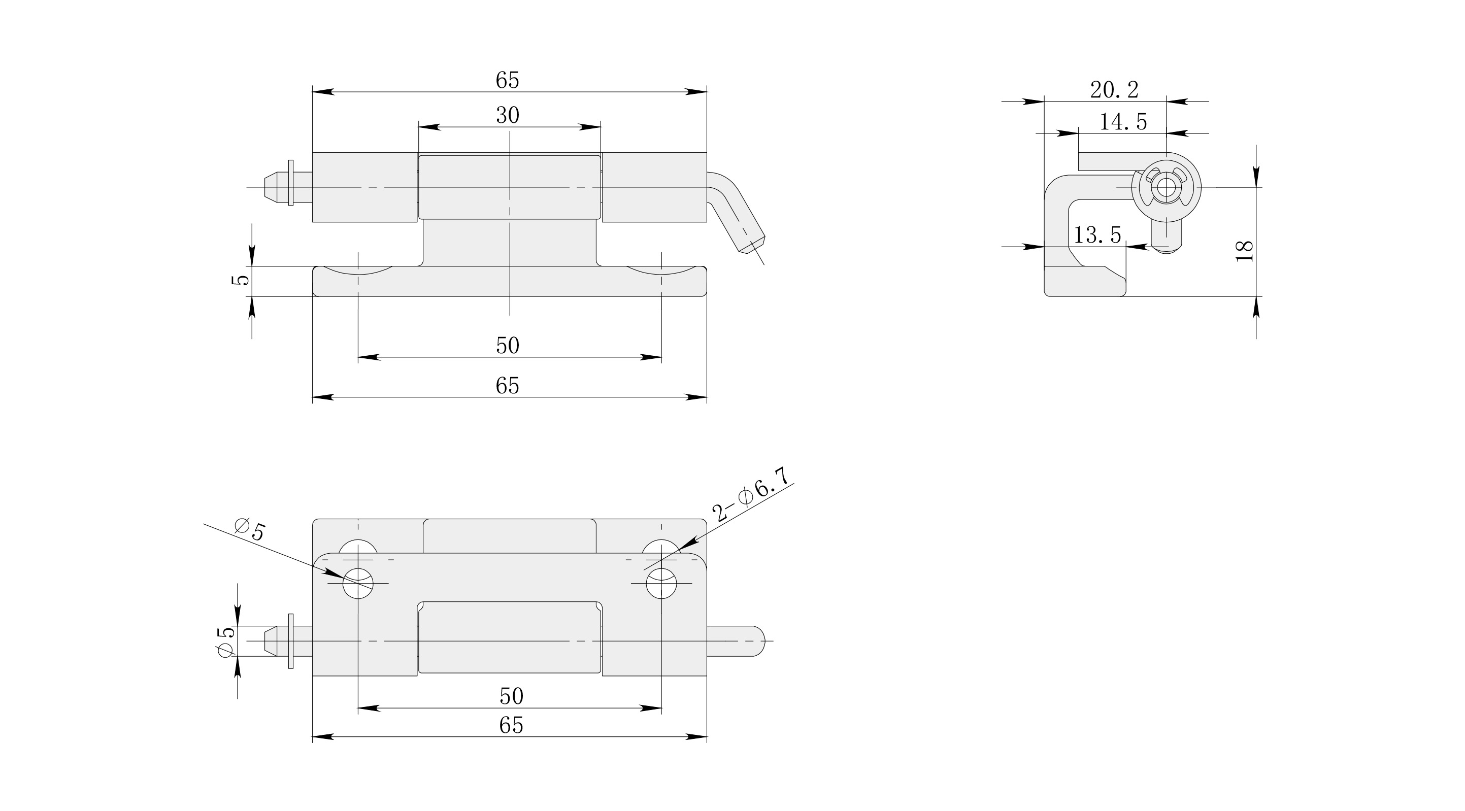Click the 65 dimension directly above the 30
click(x=507, y=80)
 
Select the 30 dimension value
click(x=507, y=115)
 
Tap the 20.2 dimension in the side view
click(x=1114, y=90)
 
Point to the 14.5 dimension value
click(x=1123, y=122)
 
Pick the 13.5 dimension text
click(x=1097, y=234)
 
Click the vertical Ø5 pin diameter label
click(x=226, y=641)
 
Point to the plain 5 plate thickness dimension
click(x=242, y=280)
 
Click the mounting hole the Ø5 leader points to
click(x=358, y=584)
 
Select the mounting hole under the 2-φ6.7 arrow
click(x=661, y=584)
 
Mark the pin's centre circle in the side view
click(x=1166, y=187)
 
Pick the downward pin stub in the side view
click(x=1167, y=236)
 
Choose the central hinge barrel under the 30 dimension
click(x=510, y=187)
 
